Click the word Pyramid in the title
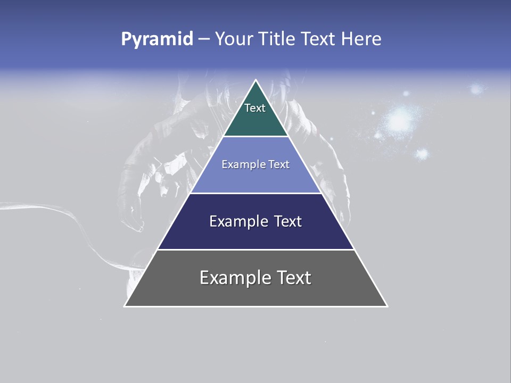pos(156,39)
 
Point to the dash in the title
pos(203,39)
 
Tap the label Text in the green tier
pos(255,108)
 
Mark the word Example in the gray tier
pos(234,278)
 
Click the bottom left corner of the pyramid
pos(125,306)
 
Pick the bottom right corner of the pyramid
pos(387,306)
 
